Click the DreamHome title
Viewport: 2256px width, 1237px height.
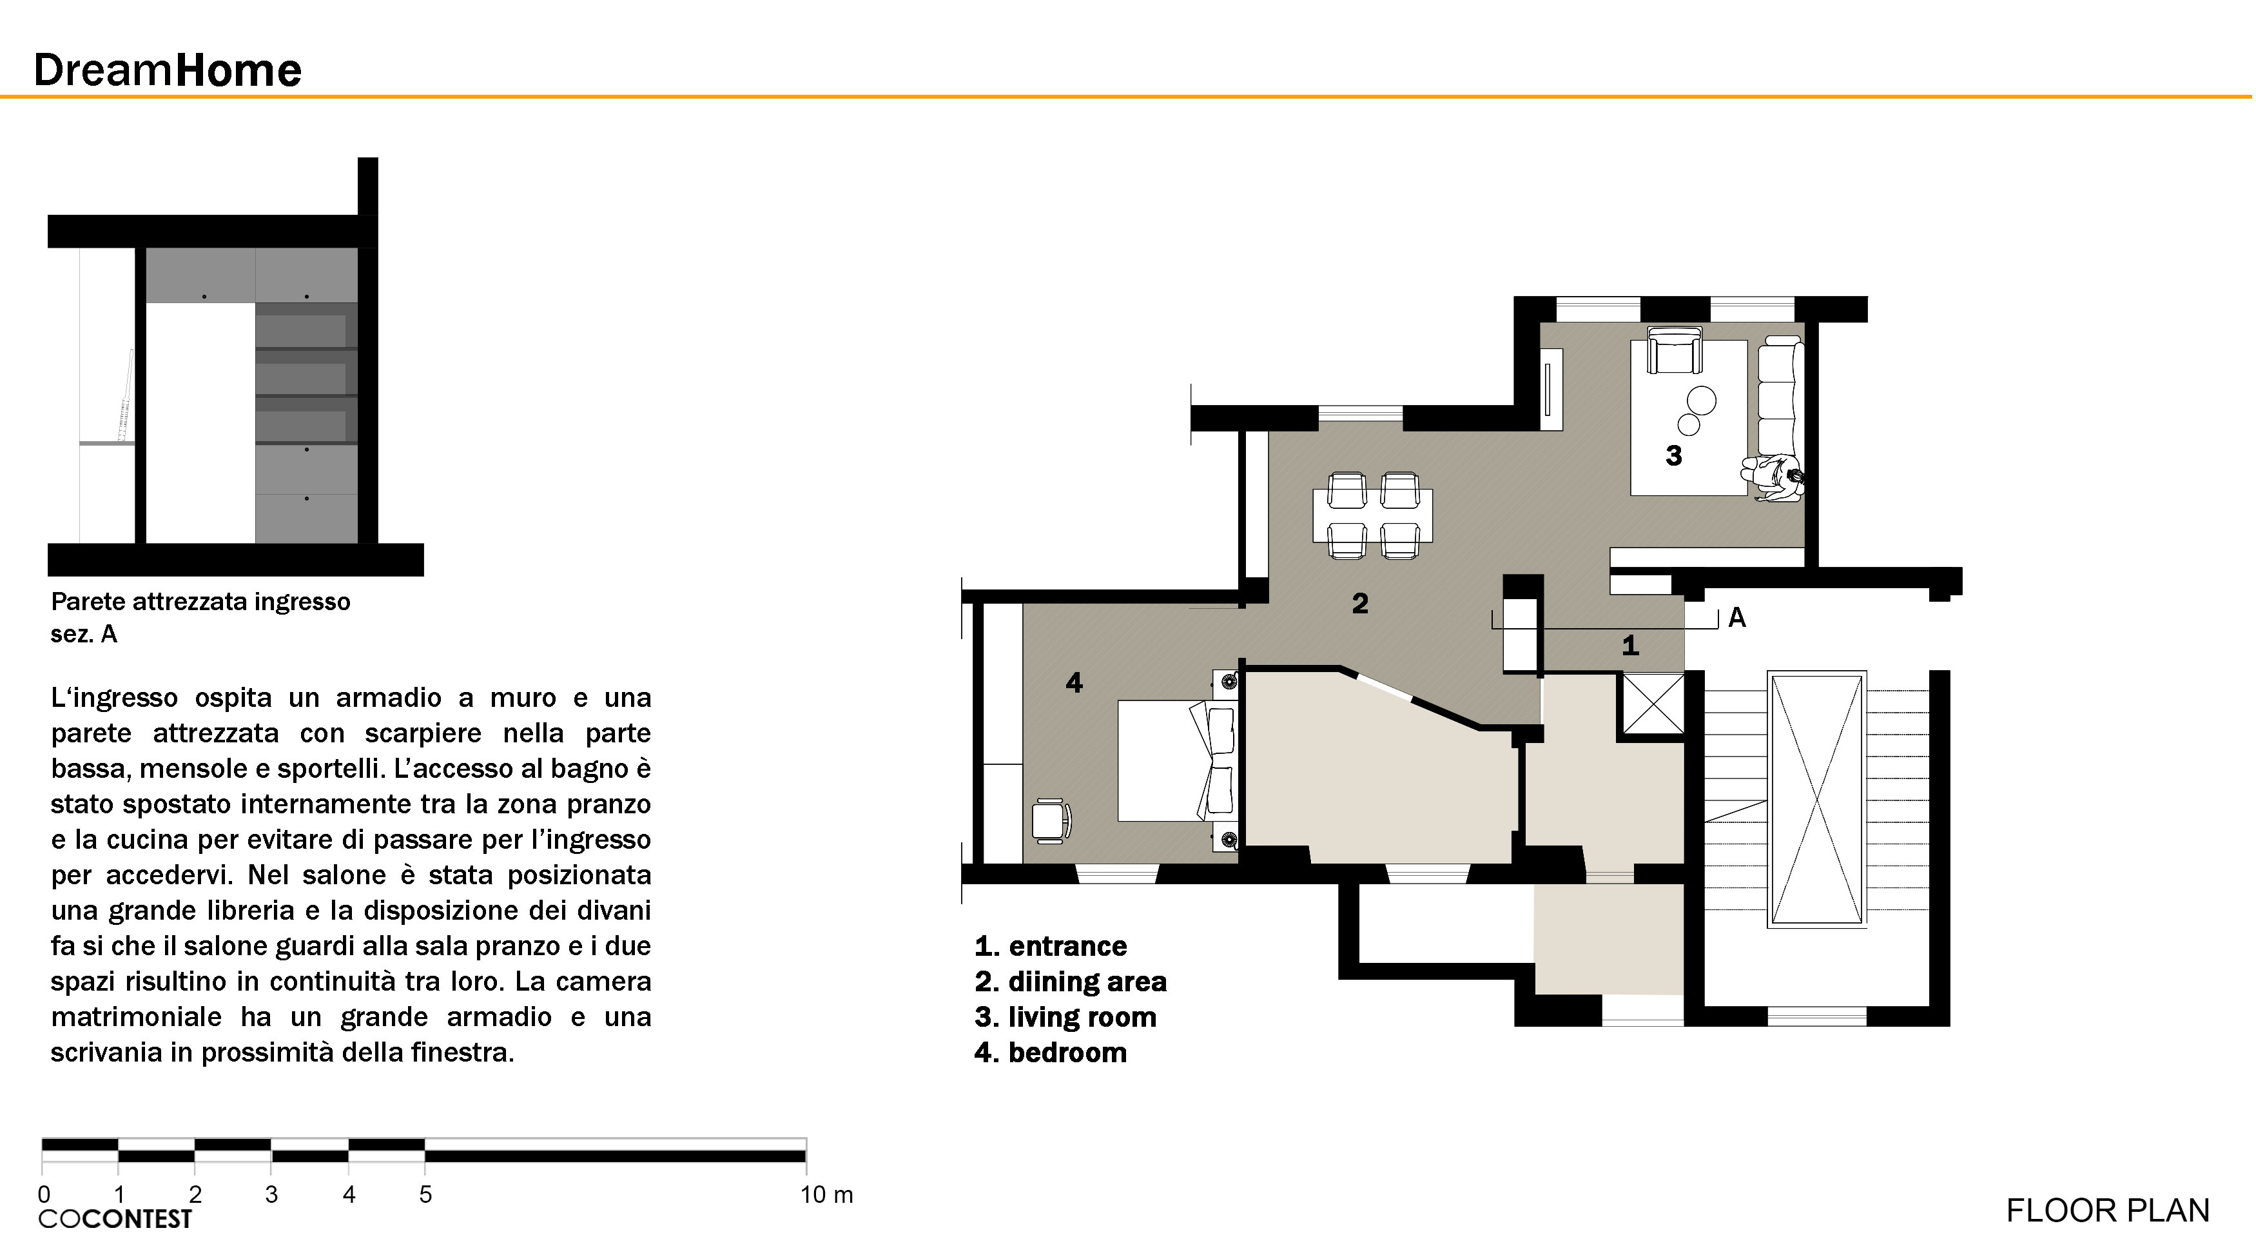pos(168,70)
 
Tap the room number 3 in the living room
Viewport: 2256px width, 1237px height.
pos(1673,455)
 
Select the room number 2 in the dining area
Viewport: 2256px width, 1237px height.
pos(1359,603)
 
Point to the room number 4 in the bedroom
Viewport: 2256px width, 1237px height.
pos(1074,682)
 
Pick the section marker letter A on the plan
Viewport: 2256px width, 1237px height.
pos(1736,618)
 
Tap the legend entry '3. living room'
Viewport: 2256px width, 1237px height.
pos(1065,1017)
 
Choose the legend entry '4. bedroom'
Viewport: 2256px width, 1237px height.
pos(1050,1052)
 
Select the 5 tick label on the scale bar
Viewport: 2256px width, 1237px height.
pos(425,1194)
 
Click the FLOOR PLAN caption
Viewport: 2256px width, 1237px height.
pos(2107,1211)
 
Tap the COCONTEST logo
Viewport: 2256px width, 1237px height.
pos(115,1218)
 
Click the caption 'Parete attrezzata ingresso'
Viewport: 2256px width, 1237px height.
pos(200,602)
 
